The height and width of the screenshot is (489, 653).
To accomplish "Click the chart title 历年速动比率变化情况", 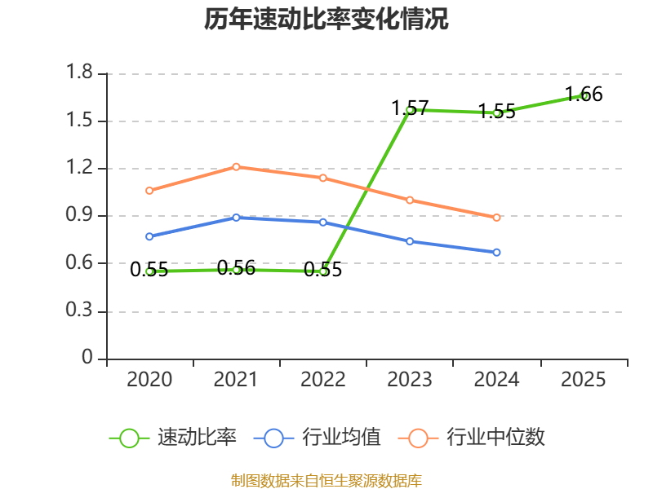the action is click(x=326, y=19).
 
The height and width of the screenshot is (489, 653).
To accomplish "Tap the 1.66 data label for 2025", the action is click(x=584, y=94).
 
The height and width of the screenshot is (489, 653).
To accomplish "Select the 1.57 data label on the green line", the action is click(x=410, y=108).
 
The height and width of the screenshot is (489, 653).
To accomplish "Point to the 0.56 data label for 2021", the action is click(x=236, y=268).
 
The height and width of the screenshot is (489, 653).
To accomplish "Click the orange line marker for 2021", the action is click(x=236, y=167).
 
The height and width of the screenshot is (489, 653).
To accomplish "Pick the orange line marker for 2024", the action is click(x=496, y=218).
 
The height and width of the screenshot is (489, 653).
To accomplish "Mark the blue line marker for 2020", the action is click(x=149, y=236).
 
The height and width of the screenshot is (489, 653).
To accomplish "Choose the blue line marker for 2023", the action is click(x=410, y=241).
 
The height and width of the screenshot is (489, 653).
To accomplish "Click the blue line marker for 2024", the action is click(x=496, y=253).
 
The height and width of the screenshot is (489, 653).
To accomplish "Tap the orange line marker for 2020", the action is click(x=149, y=191).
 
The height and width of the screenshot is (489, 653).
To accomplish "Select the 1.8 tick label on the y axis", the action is click(x=79, y=72).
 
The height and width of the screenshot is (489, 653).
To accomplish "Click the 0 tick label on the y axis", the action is click(x=87, y=357).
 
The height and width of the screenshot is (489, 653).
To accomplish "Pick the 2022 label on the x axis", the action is click(x=322, y=379).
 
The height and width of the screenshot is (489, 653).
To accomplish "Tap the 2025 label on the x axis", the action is click(x=583, y=379).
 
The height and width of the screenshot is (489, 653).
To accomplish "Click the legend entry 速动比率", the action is click(x=173, y=438).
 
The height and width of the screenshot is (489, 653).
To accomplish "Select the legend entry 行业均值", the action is click(x=318, y=438).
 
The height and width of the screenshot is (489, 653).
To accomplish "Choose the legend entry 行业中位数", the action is click(x=472, y=438).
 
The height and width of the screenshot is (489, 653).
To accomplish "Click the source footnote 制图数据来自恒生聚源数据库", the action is click(x=326, y=481).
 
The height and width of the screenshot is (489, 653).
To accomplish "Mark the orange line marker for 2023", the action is click(x=410, y=200).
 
